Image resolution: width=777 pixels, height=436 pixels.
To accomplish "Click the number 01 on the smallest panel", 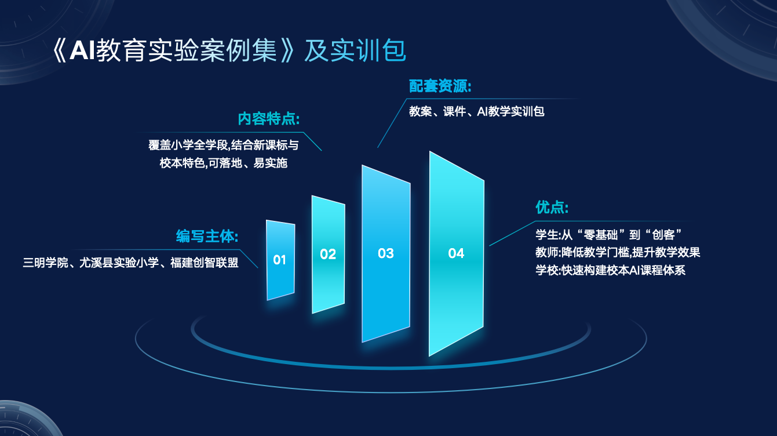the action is [279, 260].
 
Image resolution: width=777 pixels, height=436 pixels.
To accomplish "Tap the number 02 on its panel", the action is [328, 254].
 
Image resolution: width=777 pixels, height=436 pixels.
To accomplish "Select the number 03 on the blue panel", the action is [386, 253].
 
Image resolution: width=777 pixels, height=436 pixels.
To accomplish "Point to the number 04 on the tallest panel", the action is [456, 253].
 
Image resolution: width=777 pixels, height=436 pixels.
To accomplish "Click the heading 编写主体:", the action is [207, 237].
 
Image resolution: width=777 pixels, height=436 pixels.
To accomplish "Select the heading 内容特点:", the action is [269, 119].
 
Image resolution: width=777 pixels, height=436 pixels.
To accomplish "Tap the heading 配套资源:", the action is [440, 86].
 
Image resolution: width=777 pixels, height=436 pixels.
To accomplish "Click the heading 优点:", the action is [552, 207].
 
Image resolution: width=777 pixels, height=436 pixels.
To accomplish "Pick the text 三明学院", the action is [45, 263].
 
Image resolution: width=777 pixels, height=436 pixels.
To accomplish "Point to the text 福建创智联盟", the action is [205, 263].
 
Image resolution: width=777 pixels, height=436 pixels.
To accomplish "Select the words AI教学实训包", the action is [510, 111].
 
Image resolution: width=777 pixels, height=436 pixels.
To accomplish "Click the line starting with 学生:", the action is [609, 235].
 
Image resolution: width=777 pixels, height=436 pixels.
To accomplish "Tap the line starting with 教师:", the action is [618, 252].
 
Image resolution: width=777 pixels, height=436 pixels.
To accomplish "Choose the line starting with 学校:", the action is [611, 270].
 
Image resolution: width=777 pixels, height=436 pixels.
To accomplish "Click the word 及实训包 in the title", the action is [355, 50].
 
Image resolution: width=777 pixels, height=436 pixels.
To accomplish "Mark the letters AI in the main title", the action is [82, 50].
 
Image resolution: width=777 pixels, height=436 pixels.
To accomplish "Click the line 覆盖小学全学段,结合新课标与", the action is [224, 145].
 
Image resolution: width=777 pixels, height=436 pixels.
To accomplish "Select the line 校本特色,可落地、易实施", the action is [224, 163].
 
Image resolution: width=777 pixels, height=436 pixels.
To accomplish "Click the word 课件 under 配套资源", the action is [454, 111].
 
